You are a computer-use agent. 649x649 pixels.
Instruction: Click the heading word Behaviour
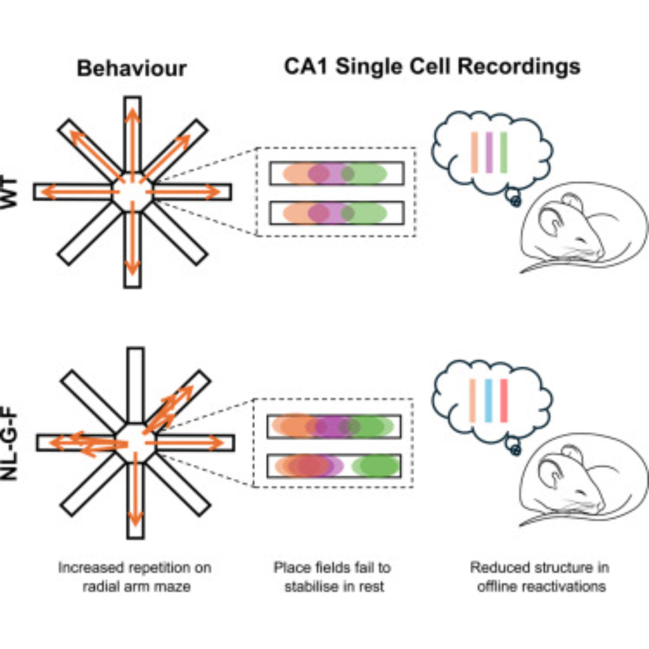click(x=132, y=69)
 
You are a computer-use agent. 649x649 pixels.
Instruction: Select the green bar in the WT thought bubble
click(x=504, y=153)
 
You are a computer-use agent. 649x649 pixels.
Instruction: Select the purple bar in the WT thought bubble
click(x=489, y=153)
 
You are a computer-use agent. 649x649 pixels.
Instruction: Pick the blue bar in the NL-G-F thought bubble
click(x=488, y=400)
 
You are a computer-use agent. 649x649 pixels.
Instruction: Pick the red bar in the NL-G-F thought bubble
click(x=504, y=400)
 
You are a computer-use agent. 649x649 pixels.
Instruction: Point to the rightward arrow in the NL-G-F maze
click(x=188, y=443)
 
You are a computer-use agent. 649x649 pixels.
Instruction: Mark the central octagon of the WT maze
click(x=132, y=192)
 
